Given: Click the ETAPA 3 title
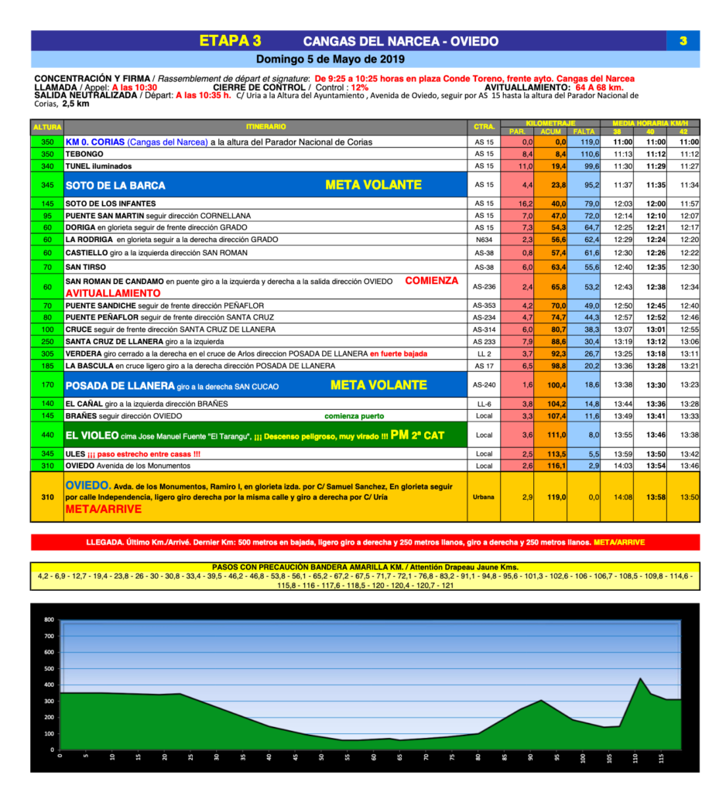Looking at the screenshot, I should (x=230, y=41).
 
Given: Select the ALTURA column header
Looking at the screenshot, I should (x=47, y=127).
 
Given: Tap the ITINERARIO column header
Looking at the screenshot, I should (x=266, y=127).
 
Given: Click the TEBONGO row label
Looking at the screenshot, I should (x=84, y=154).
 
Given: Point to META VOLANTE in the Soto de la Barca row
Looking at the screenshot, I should (x=373, y=185).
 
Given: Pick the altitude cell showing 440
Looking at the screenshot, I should (x=47, y=435).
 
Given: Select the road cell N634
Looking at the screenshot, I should (x=484, y=241).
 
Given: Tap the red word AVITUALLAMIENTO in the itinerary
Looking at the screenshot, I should (x=113, y=294).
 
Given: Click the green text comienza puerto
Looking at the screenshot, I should (x=358, y=416).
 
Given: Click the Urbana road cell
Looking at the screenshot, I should (x=484, y=497).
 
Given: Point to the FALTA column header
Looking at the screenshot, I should (x=584, y=131).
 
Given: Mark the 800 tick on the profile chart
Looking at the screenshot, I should (x=49, y=620).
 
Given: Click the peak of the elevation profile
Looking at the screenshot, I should (x=640, y=678).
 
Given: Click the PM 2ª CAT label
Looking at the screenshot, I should (x=417, y=435).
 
